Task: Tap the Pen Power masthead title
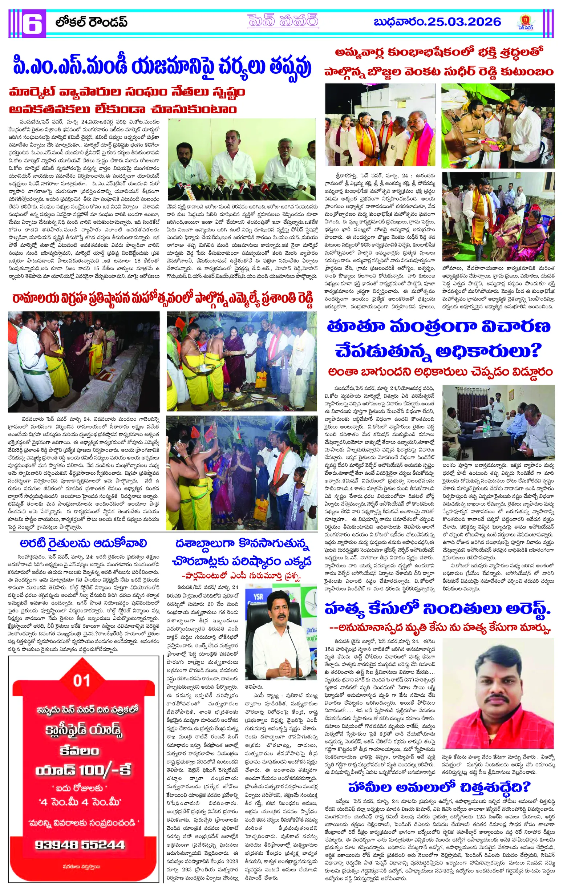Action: pyautogui.click(x=283, y=21)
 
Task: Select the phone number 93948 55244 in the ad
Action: pyautogui.click(x=80, y=845)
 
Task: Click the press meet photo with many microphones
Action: pyautogui.click(x=242, y=159)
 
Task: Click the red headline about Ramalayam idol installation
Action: pyautogui.click(x=162, y=298)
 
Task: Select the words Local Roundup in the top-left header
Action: pyautogui.click(x=91, y=22)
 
